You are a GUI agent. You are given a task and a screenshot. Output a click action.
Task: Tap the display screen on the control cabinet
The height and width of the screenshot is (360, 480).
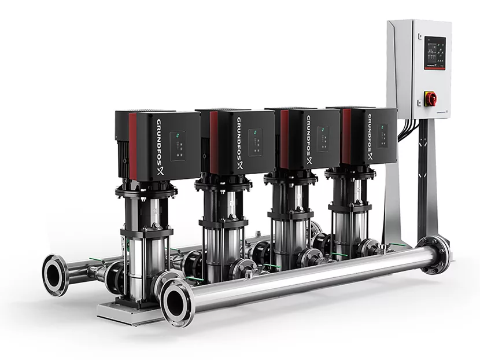[x=434, y=50]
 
